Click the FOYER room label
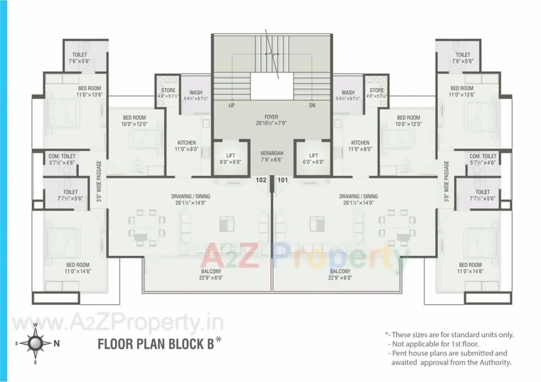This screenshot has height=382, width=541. tap(271, 117)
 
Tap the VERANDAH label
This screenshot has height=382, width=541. tap(271, 153)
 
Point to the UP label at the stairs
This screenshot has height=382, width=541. tap(232, 106)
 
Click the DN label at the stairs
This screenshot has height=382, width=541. tap(312, 106)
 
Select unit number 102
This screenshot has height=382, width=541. tap(261, 180)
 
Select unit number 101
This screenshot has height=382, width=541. tap(282, 180)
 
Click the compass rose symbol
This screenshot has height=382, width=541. tap(36, 343)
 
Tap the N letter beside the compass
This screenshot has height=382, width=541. tap(57, 344)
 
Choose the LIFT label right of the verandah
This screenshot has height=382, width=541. tap(313, 156)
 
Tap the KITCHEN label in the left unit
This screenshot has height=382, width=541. tap(186, 143)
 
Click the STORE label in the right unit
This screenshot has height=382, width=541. tap(377, 90)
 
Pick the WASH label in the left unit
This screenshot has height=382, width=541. tap(196, 92)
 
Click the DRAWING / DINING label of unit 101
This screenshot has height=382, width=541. tap(358, 196)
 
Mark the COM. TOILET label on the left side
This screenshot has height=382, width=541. tap(62, 156)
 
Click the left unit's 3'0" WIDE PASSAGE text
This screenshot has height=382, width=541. tap(99, 182)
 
